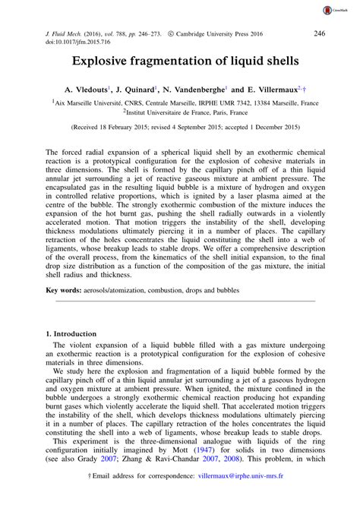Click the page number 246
320,33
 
